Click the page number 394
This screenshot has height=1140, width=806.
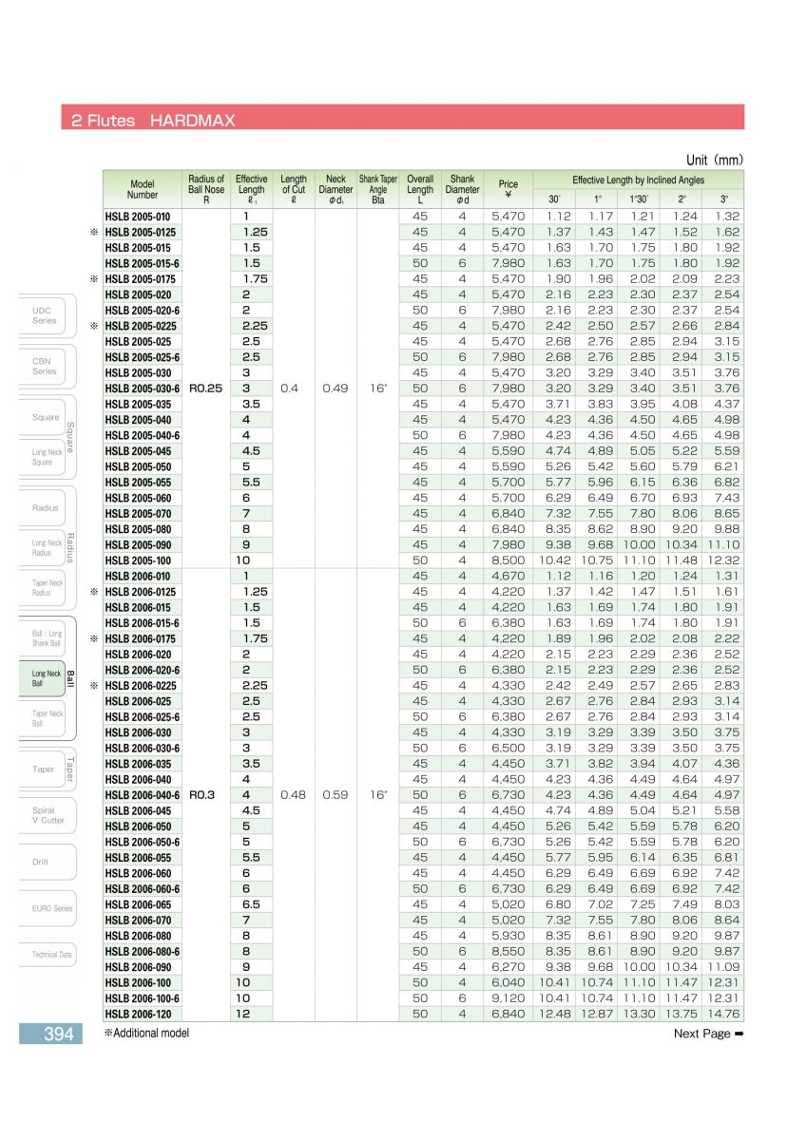click(58, 1034)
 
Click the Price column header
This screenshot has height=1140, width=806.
click(509, 184)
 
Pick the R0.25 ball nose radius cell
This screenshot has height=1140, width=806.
click(207, 388)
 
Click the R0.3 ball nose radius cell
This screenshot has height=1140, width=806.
click(204, 795)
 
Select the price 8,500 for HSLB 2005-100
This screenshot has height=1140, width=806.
click(509, 560)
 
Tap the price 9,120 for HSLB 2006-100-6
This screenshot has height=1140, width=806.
click(509, 998)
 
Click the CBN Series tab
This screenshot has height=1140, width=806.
click(45, 366)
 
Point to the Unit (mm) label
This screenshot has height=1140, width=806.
click(714, 160)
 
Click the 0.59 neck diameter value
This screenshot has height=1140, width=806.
click(335, 795)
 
